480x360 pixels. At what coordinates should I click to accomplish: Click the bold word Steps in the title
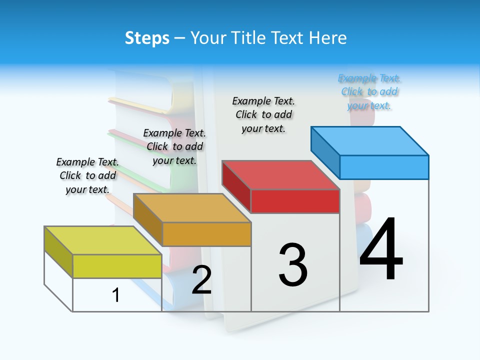147,38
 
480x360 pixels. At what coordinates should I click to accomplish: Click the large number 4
381,250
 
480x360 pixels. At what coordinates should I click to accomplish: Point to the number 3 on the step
293,265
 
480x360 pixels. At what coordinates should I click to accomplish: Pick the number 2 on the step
201,280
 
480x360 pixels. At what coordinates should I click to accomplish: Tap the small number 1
116,295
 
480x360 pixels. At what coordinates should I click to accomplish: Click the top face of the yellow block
103,240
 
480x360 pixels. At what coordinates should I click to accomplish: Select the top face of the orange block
192,207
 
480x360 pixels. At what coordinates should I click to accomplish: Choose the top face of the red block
281,175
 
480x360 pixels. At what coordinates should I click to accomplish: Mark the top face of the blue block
370,140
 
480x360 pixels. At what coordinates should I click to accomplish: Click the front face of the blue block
384,167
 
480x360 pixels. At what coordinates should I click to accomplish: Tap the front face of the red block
295,201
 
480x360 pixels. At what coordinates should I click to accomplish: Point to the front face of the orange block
206,234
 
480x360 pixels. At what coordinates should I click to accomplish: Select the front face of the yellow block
117,266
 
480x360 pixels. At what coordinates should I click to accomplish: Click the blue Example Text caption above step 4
369,92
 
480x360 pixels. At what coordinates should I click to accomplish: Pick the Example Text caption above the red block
263,114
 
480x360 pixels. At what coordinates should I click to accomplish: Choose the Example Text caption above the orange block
174,146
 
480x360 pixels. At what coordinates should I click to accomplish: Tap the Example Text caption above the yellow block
87,175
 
